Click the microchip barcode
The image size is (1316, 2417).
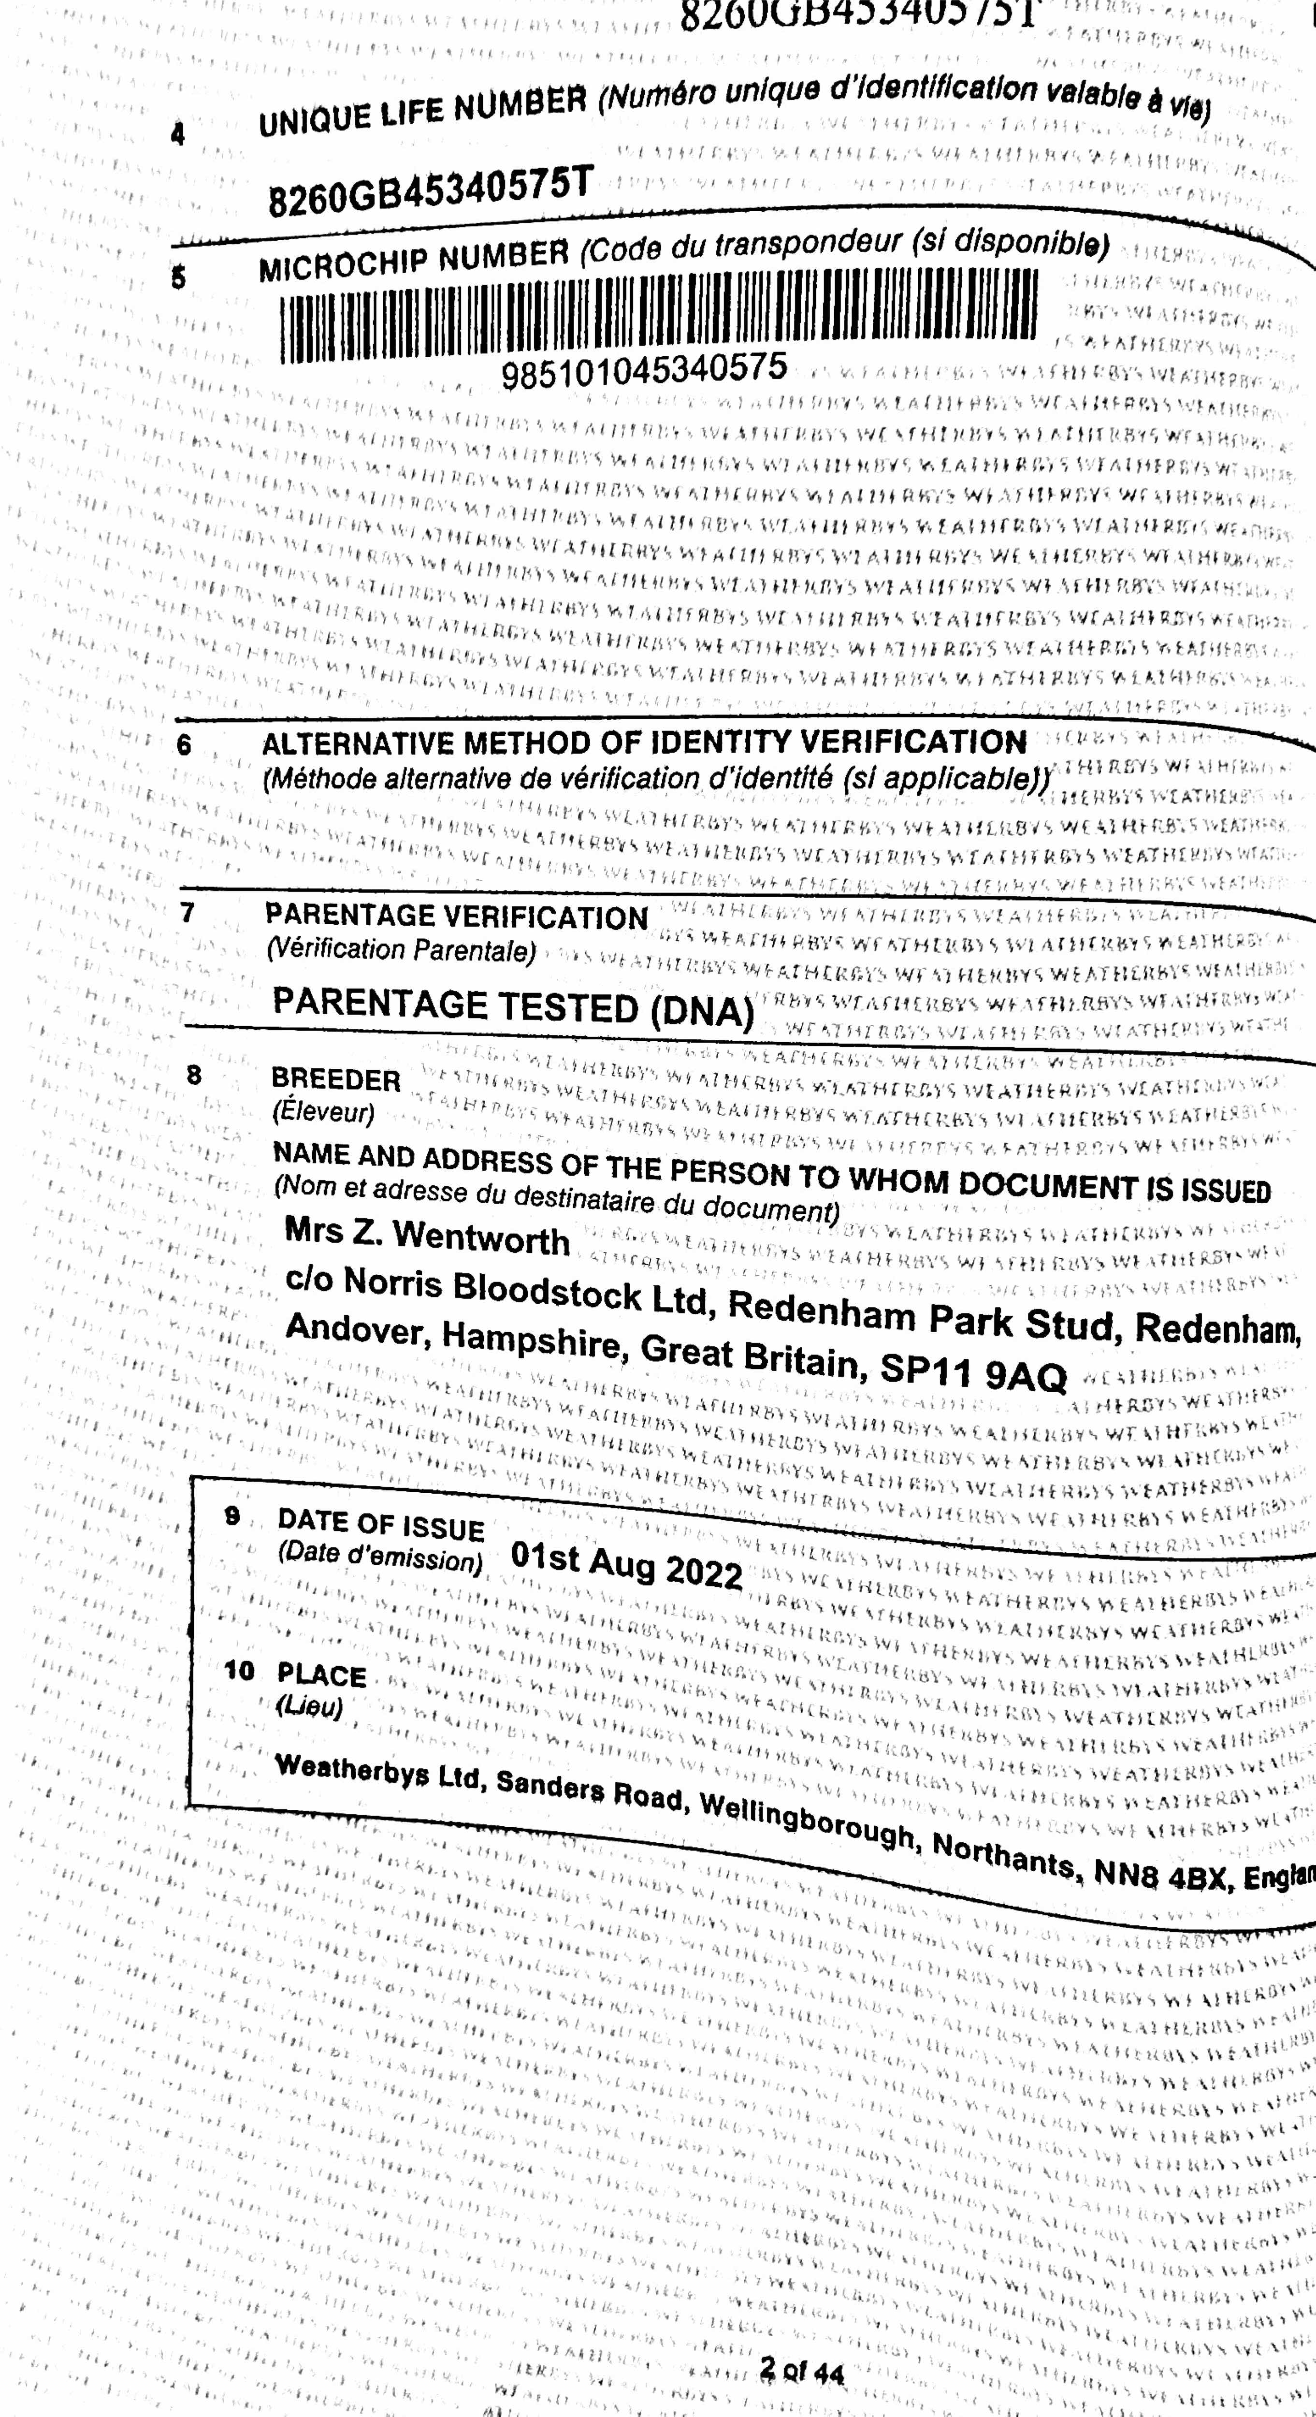[659, 316]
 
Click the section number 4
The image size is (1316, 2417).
[178, 134]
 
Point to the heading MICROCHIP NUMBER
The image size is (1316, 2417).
[414, 258]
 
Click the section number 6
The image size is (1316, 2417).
[184, 745]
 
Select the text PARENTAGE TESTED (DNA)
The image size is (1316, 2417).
[513, 1007]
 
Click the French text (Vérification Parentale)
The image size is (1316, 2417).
[401, 949]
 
